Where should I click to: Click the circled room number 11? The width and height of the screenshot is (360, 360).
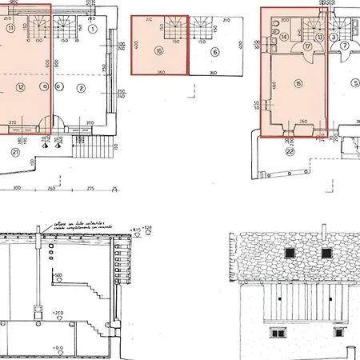click(x=10, y=27)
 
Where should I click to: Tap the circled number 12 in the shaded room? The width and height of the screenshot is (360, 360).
click(x=21, y=86)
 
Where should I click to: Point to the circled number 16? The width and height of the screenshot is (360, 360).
click(x=159, y=52)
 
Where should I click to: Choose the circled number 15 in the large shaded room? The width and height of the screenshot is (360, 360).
click(x=298, y=83)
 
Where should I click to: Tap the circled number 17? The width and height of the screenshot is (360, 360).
click(x=307, y=47)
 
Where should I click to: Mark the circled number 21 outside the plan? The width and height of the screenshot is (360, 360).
click(x=15, y=151)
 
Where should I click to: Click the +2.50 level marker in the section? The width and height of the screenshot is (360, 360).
click(x=58, y=313)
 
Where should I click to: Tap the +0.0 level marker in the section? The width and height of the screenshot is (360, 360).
click(x=58, y=348)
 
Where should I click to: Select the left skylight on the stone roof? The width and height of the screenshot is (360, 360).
click(x=289, y=252)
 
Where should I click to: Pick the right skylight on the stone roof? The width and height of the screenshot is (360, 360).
click(x=326, y=252)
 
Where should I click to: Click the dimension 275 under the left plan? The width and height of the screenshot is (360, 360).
click(x=90, y=188)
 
